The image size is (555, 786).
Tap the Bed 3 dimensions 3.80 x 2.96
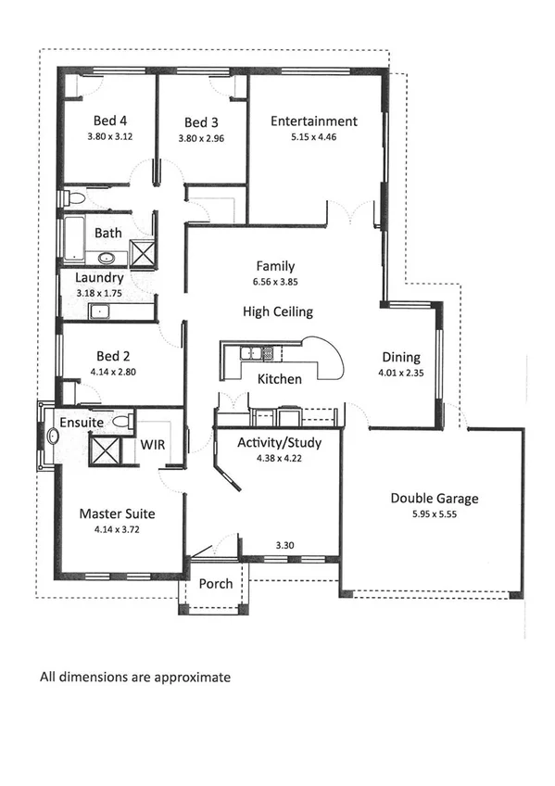pyautogui.click(x=202, y=139)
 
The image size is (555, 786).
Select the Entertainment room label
pyautogui.click(x=313, y=120)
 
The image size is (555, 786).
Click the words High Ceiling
pyautogui.click(x=278, y=311)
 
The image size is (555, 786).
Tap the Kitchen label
pyautogui.click(x=279, y=379)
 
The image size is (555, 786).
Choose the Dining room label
pyautogui.click(x=399, y=357)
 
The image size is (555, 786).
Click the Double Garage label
pyautogui.click(x=434, y=499)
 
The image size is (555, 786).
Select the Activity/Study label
pyautogui.click(x=277, y=442)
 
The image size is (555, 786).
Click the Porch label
pyautogui.click(x=216, y=585)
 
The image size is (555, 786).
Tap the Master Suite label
pyautogui.click(x=116, y=513)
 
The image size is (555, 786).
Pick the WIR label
pyautogui.click(x=152, y=445)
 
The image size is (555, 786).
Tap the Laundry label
pyautogui.click(x=99, y=277)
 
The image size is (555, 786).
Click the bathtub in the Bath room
pyautogui.click(x=74, y=237)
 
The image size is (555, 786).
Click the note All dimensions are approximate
pyautogui.click(x=134, y=678)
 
